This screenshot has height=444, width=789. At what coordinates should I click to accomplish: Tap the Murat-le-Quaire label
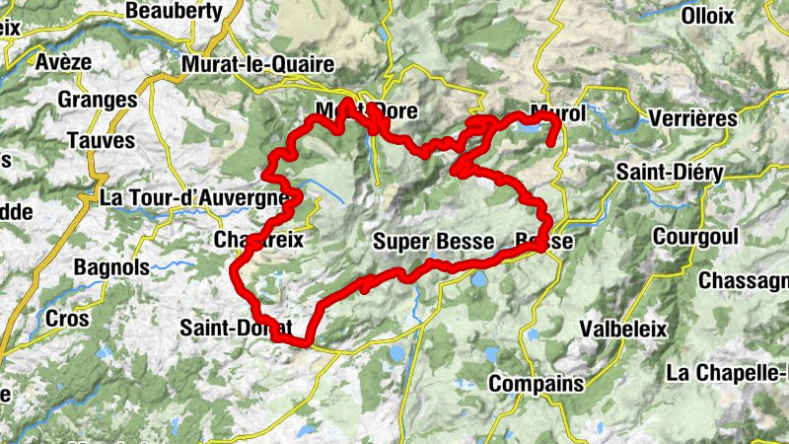[258, 64]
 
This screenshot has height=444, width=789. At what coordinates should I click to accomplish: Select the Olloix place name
[706, 16]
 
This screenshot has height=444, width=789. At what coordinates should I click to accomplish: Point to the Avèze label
[64, 61]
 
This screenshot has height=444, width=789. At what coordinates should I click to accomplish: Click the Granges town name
[97, 101]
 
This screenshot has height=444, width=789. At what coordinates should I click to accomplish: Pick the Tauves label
[101, 140]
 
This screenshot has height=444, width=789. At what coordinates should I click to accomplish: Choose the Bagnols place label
[111, 267]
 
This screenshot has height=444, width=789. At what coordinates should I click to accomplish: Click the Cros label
[67, 320]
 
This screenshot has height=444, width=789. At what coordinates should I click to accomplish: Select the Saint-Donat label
[237, 328]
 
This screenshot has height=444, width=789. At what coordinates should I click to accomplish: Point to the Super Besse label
[433, 242]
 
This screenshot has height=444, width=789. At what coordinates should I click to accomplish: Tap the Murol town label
[557, 113]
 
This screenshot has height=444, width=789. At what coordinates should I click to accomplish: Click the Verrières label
[693, 118]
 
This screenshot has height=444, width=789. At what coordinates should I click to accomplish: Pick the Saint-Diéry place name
[670, 173]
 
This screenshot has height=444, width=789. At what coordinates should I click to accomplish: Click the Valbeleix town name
[623, 329]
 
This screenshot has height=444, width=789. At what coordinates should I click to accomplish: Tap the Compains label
[536, 383]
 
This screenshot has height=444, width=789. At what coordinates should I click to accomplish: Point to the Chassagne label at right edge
[743, 281]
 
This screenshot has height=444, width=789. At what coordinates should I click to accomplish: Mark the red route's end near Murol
[549, 144]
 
